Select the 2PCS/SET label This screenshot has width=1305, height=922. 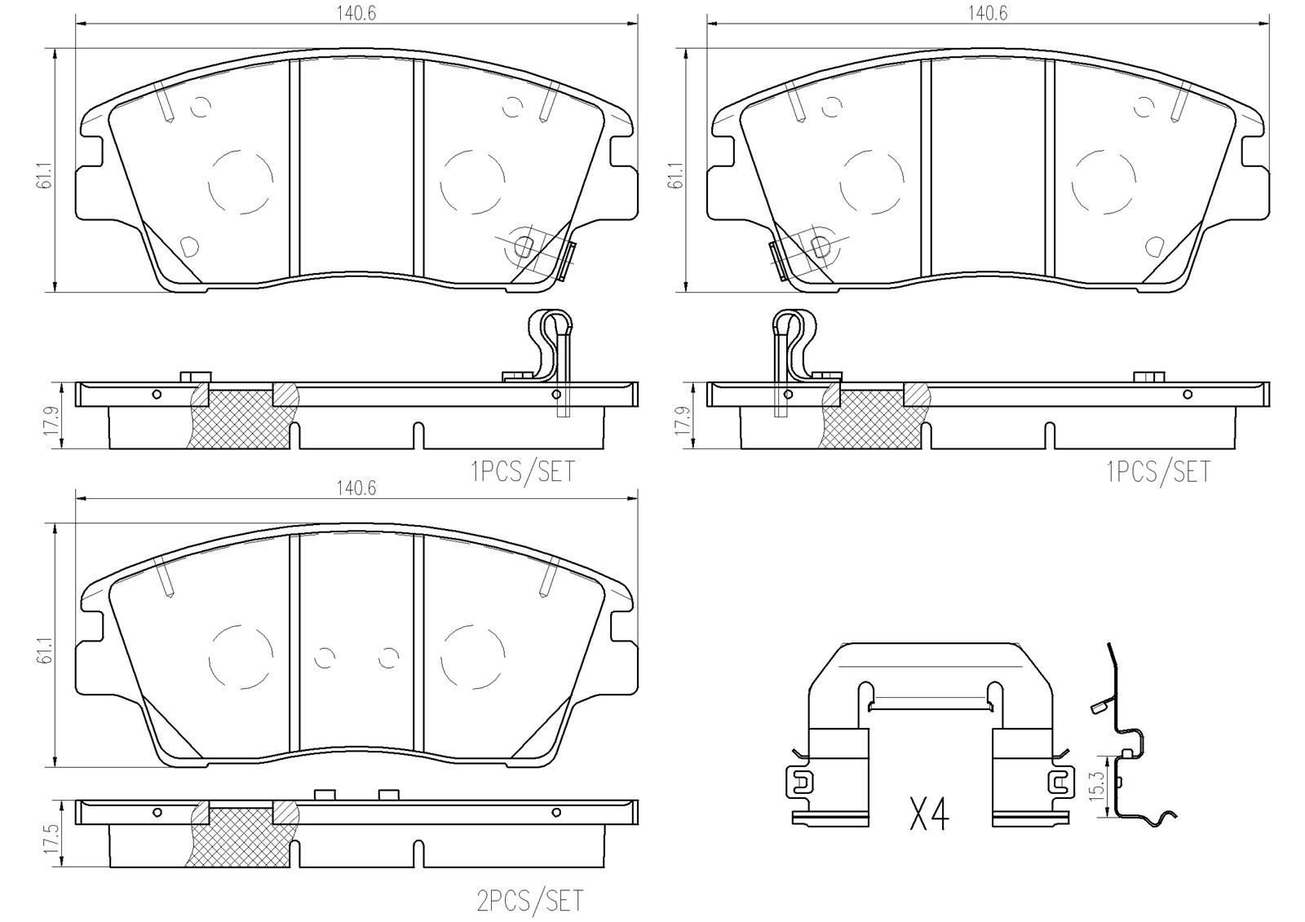point(530,900)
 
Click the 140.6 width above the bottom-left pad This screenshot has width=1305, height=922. point(357,487)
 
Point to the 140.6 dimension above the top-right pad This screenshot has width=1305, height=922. point(988,14)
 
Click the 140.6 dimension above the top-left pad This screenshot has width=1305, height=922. point(357,14)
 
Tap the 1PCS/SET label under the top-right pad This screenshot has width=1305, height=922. point(1157,471)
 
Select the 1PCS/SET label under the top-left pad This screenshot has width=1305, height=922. point(522,471)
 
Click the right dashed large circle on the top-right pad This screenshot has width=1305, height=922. point(1104,181)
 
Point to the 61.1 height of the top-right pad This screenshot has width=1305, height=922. point(675,171)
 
